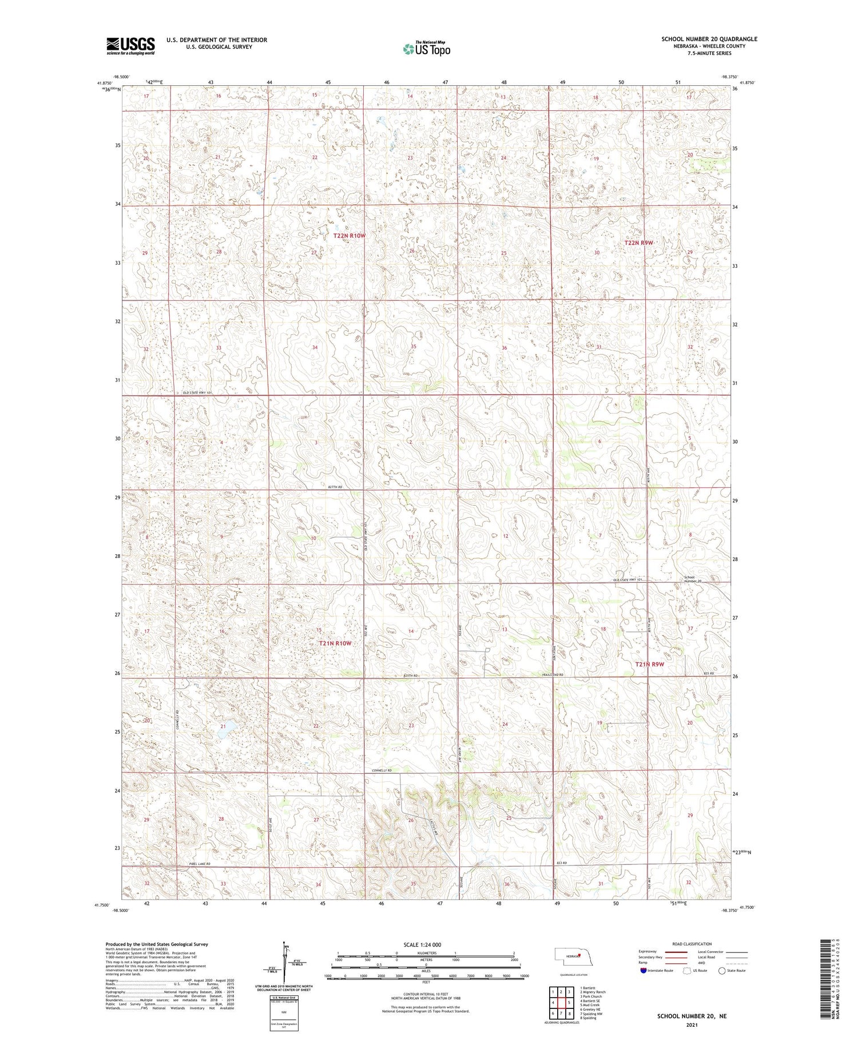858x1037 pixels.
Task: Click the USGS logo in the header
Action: (130, 45)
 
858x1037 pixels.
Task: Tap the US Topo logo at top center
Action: (426, 49)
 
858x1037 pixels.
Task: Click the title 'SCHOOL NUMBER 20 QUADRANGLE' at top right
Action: (709, 39)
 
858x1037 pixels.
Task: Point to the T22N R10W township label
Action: (349, 236)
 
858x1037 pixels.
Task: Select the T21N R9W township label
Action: (650, 664)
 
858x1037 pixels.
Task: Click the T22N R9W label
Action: (638, 243)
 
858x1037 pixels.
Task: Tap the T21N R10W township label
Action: (335, 643)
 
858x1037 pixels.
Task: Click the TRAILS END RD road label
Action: (553, 676)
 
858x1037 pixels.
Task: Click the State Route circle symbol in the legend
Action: (722, 971)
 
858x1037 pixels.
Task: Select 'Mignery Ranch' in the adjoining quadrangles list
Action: (594, 992)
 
